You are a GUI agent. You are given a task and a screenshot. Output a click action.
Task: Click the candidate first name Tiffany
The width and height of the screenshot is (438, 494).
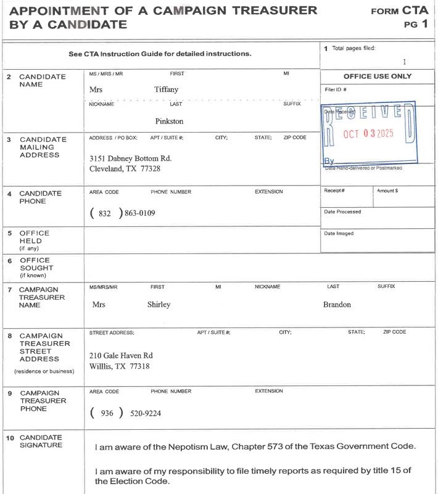pos(166,89)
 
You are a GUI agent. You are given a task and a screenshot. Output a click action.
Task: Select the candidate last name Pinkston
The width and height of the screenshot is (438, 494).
pos(169,121)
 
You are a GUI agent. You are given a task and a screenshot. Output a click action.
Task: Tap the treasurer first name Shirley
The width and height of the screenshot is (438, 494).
pos(159,305)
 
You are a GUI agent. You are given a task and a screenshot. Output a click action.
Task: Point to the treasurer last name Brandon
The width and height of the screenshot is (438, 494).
pos(337,305)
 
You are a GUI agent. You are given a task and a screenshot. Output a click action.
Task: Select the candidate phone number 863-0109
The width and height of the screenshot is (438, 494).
pos(140,213)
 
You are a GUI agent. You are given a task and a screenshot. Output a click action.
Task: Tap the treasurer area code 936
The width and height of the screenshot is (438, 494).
pos(107,413)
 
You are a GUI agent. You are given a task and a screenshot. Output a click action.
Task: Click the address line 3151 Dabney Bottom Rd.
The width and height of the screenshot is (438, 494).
pos(130,158)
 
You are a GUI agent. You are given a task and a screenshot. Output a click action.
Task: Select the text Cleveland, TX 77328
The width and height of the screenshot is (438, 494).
pos(125,168)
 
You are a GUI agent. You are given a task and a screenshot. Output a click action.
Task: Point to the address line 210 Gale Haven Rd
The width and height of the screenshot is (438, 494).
pos(121,356)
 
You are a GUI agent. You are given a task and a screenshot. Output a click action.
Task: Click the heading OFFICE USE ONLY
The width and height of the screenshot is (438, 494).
pos(377,76)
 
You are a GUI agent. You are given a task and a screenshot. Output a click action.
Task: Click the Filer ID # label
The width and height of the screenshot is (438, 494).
pos(336,90)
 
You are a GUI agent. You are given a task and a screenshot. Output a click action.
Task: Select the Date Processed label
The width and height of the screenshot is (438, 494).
pos(342,212)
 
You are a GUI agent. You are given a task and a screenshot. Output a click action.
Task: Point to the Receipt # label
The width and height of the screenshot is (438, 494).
pos(334,191)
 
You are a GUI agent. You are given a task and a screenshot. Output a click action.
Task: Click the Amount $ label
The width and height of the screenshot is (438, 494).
pos(387,191)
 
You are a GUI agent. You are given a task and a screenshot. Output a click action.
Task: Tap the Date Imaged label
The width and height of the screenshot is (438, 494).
pos(339,233)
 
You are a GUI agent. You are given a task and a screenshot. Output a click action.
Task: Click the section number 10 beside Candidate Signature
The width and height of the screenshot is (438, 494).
pos(10,438)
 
